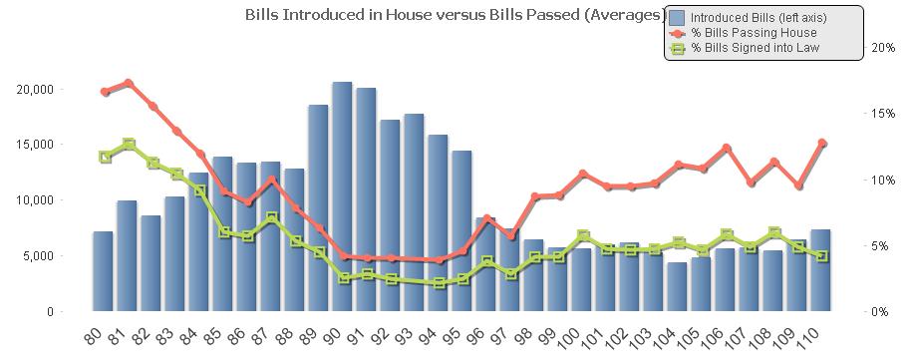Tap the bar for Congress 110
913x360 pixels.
coord(820,270)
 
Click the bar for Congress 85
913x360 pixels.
coord(222,233)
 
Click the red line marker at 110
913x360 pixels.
coord(822,144)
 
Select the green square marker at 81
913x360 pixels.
coord(129,145)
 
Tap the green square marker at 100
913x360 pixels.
coord(583,236)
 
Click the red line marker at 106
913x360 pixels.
coord(727,148)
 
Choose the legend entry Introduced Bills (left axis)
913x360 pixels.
coord(758,17)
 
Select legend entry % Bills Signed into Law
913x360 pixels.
coord(757,47)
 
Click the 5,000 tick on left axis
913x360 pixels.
coord(39,256)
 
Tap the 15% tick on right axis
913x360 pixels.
coord(882,114)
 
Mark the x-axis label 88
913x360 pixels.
coord(293,336)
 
